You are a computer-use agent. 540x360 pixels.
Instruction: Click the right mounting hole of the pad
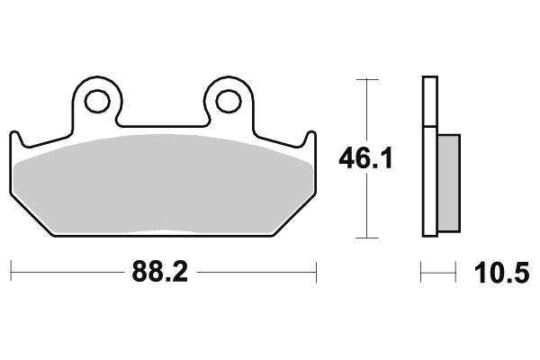(229, 102)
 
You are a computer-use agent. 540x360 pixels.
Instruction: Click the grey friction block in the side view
(447, 182)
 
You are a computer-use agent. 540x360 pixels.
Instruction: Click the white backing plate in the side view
(429, 157)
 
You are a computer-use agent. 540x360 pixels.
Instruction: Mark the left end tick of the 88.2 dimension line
(11, 270)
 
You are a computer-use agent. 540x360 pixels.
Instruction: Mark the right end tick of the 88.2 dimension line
(316, 270)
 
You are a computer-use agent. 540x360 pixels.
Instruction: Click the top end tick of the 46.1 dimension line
(365, 80)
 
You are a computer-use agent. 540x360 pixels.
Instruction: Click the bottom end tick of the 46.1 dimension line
(365, 238)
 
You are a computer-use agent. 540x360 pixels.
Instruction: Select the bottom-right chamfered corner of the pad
(293, 216)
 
